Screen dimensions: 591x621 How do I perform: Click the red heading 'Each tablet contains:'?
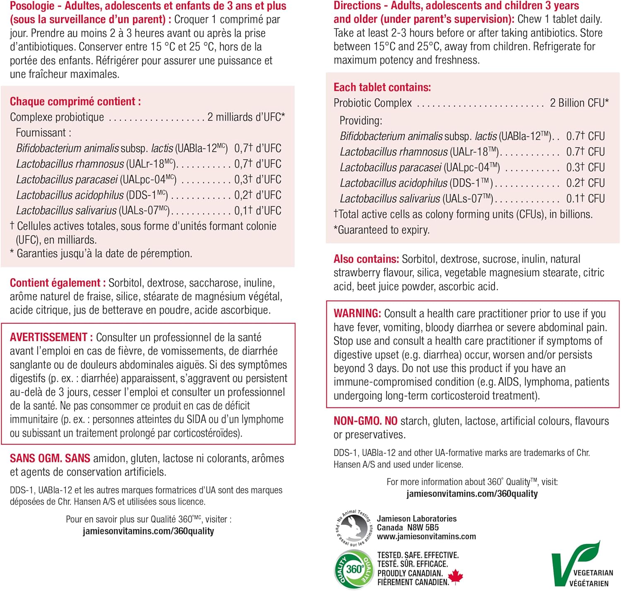pyautogui.click(x=382, y=87)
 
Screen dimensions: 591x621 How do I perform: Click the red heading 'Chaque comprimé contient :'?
pyautogui.click(x=75, y=101)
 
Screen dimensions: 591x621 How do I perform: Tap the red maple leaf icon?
pyautogui.click(x=456, y=576)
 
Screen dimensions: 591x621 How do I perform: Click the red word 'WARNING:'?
pyautogui.click(x=357, y=313)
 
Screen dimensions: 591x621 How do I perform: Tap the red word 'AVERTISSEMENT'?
pyautogui.click(x=48, y=337)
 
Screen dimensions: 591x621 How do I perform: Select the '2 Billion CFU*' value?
pyautogui.click(x=579, y=103)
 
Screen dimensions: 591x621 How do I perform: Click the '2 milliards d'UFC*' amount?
pyautogui.click(x=246, y=117)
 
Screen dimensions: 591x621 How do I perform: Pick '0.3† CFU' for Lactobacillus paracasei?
pyautogui.click(x=585, y=167)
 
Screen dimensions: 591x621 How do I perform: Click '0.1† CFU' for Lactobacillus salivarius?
pyautogui.click(x=585, y=199)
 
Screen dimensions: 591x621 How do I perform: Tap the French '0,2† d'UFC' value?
pyautogui.click(x=258, y=195)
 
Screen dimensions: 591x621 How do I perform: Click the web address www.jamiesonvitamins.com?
pyautogui.click(x=426, y=536)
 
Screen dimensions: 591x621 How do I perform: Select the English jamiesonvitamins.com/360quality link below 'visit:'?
pyautogui.click(x=472, y=493)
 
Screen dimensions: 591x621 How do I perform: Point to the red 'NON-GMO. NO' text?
pyautogui.click(x=365, y=421)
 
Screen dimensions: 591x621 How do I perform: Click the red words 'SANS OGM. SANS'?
pyautogui.click(x=50, y=458)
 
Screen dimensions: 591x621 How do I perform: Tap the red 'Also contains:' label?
pyautogui.click(x=366, y=259)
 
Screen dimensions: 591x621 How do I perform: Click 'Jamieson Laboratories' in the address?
pyautogui.click(x=416, y=519)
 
